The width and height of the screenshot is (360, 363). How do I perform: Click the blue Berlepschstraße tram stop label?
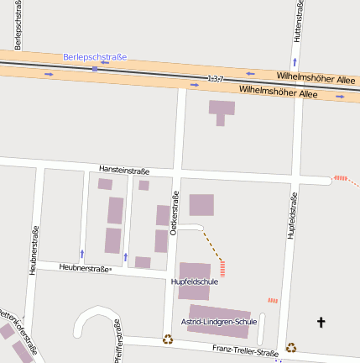(95, 57)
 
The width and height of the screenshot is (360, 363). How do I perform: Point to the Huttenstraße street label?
(298, 20)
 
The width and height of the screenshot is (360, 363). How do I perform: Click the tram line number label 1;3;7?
(216, 79)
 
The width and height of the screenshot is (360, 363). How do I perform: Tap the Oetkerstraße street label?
(175, 213)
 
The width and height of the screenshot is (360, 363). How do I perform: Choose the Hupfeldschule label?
(194, 282)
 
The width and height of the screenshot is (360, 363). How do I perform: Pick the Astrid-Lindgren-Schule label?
(218, 322)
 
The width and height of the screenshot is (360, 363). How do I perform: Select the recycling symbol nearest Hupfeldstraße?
(290, 347)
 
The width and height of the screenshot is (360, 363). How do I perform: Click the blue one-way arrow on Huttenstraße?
(295, 63)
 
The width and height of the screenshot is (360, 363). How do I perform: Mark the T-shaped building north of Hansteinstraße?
(222, 110)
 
